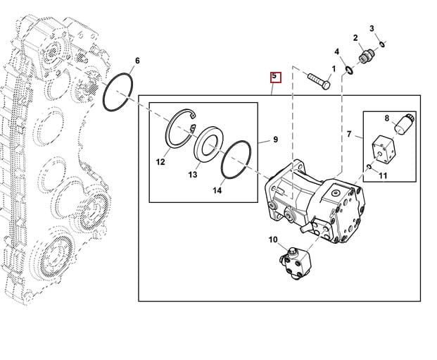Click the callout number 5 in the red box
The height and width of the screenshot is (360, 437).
click(x=274, y=76)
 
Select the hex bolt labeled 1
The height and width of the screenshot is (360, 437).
click(x=319, y=81)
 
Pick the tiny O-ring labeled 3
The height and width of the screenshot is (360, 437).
click(x=382, y=44)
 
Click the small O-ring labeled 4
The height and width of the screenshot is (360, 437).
click(x=350, y=70)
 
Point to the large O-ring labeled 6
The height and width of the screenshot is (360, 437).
click(x=104, y=92)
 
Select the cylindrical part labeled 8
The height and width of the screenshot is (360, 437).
click(x=403, y=123)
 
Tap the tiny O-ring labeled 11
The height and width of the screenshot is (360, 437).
click(x=369, y=166)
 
